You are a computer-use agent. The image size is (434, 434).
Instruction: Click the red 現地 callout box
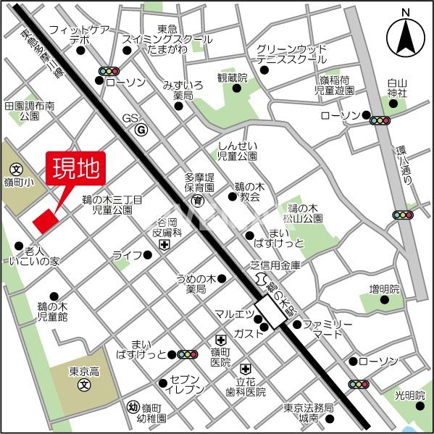pyautogui.click(x=76, y=170)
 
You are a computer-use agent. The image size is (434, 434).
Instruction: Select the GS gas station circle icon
pyautogui.click(x=141, y=130)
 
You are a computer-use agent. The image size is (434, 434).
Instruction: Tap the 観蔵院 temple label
pyautogui.click(x=232, y=78)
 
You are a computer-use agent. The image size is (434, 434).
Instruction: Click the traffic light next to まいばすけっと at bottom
pyautogui.click(x=188, y=355)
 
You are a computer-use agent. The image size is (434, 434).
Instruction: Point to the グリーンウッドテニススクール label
pyautogui.click(x=290, y=54)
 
